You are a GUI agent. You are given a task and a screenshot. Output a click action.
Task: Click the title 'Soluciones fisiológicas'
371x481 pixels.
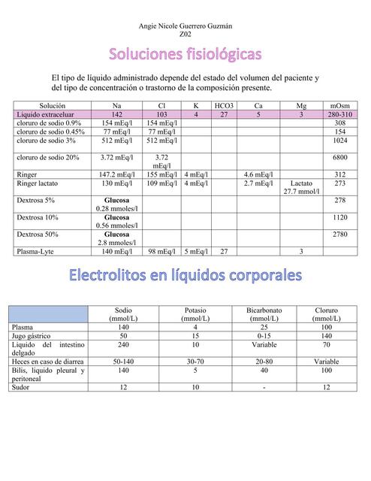185,55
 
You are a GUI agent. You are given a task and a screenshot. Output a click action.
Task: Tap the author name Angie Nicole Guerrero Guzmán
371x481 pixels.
185,26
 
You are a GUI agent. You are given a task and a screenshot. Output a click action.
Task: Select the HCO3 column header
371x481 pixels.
224,106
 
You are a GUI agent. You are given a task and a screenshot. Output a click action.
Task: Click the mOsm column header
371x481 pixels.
339,106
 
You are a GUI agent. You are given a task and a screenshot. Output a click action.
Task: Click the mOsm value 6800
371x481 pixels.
339,158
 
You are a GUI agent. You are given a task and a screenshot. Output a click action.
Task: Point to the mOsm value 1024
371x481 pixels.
339,141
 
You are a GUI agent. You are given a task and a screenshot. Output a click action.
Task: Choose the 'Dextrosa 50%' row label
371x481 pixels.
38,234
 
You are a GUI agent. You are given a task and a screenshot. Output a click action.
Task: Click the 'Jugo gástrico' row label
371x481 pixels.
33,337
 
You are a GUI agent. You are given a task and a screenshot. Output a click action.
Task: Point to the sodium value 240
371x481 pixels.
123,345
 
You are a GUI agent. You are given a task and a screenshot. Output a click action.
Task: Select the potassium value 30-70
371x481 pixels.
195,362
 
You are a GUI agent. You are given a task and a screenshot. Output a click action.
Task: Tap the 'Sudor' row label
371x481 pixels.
23,387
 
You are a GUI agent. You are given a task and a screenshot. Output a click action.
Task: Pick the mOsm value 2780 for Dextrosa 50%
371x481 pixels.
339,234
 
